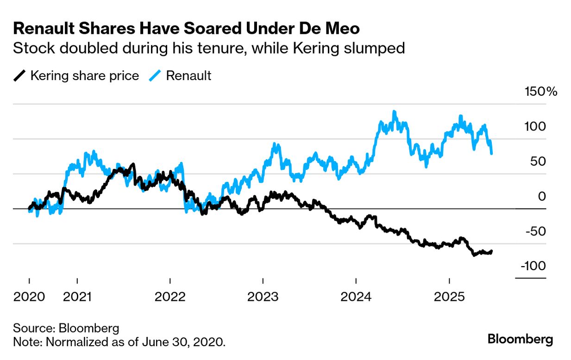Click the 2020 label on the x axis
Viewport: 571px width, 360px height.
tap(29, 296)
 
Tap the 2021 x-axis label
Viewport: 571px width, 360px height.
tap(77, 296)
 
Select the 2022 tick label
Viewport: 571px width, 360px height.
tap(170, 296)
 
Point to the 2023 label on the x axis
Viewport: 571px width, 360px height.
tap(263, 296)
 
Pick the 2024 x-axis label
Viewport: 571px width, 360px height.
tap(356, 296)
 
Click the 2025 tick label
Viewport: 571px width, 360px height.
tap(449, 296)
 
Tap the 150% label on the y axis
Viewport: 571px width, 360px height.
tap(540, 92)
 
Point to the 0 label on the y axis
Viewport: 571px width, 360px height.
tap(542, 196)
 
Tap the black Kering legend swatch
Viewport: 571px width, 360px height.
tap(20, 75)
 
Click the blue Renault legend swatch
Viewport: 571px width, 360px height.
tap(156, 75)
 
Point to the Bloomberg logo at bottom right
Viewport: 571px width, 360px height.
tap(520, 339)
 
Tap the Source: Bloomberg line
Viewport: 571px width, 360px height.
tap(66, 329)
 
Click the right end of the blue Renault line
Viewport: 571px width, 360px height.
tap(491, 153)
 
